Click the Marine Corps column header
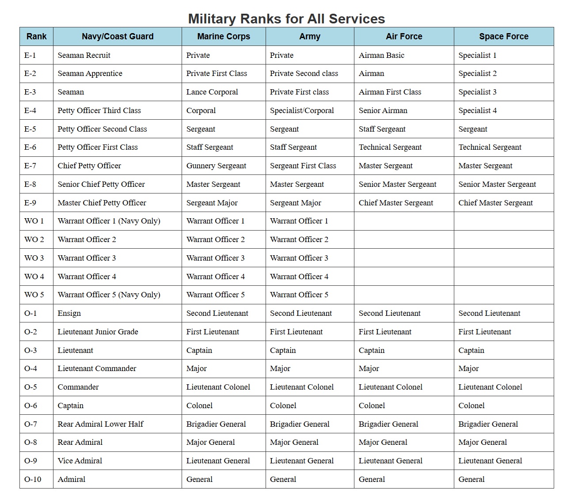pyautogui.click(x=224, y=37)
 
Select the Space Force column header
pyautogui.click(x=504, y=37)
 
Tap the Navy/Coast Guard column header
pyautogui.click(x=118, y=37)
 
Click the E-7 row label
pyautogui.click(x=30, y=166)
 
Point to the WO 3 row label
pyautogui.click(x=34, y=258)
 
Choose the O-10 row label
pyautogui.click(x=33, y=479)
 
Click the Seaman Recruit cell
pyautogui.click(x=84, y=55)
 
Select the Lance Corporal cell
pyautogui.click(x=212, y=92)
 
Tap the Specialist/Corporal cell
pyautogui.click(x=302, y=110)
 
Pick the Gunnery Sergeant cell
pyautogui.click(x=216, y=166)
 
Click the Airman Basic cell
pyautogui.click(x=381, y=55)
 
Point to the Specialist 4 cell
pyautogui.click(x=477, y=110)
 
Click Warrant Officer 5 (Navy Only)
pyautogui.click(x=109, y=295)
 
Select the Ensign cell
pyautogui.click(x=69, y=313)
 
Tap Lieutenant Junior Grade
pyautogui.click(x=98, y=332)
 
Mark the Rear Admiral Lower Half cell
pyautogui.click(x=100, y=424)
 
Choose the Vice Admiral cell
pyautogui.click(x=80, y=461)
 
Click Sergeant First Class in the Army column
pyautogui.click(x=303, y=166)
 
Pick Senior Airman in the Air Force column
pyautogui.click(x=383, y=110)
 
